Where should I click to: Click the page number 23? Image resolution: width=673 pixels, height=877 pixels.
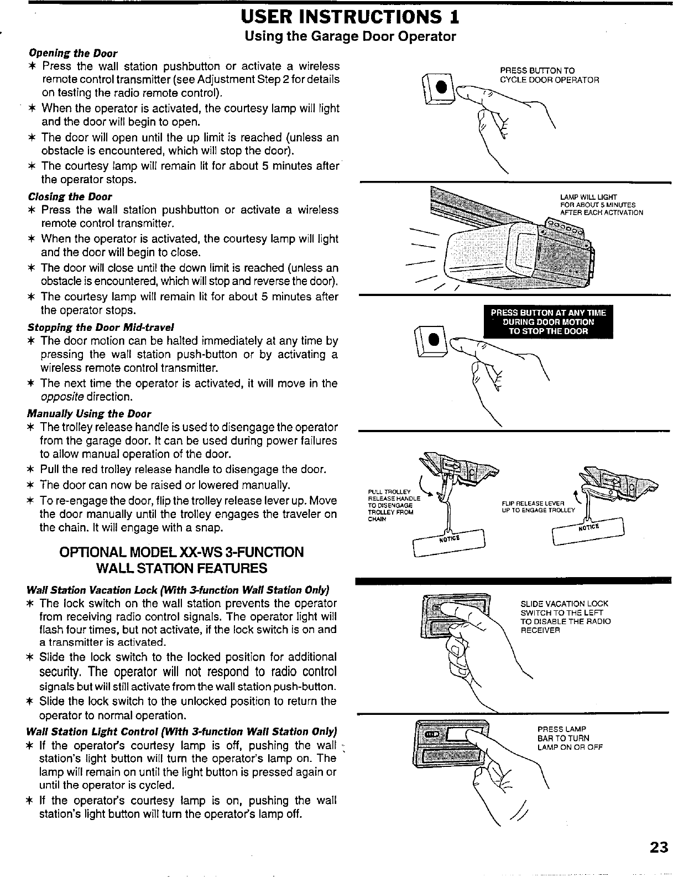point(659,847)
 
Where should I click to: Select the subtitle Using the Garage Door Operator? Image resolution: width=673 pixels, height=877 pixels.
point(351,37)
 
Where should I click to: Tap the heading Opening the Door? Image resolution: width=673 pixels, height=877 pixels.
point(72,53)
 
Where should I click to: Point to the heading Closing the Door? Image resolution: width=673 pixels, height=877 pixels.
point(70,196)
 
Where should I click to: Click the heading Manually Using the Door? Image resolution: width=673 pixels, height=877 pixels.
point(88,413)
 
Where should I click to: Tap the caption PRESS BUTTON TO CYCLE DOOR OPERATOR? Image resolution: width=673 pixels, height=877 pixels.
point(549,75)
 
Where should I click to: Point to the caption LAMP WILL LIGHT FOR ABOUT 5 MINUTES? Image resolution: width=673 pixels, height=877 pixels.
point(601,205)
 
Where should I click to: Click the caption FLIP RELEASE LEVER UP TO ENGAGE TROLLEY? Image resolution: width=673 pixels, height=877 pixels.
point(538,506)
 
